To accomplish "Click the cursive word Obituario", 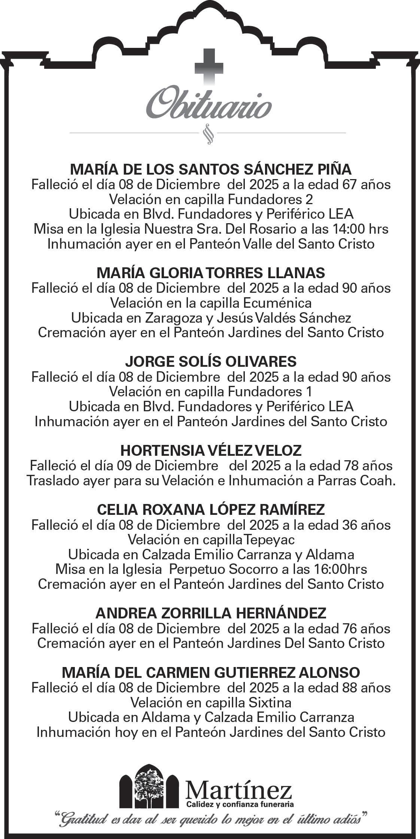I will (209, 101).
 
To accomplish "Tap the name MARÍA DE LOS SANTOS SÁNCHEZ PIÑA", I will (211, 170).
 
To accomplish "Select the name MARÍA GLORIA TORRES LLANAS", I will (211, 273).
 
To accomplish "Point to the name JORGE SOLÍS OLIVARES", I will (211, 362).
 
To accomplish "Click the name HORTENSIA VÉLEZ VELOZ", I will (211, 451).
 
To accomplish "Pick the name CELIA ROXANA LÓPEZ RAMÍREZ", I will (211, 510).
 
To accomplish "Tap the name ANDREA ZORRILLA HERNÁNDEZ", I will (211, 613).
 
